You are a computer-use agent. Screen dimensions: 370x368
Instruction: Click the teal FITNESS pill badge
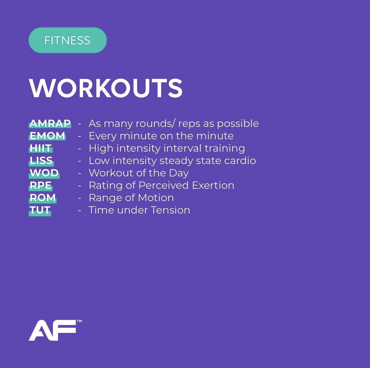[67, 40]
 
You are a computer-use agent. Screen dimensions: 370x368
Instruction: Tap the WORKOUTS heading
[106, 88]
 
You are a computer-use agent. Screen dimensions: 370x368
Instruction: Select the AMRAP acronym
[50, 123]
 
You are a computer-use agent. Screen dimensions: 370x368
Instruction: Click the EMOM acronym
[47, 136]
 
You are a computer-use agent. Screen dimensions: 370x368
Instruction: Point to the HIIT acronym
[41, 148]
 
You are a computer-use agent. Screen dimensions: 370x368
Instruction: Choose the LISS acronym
[41, 161]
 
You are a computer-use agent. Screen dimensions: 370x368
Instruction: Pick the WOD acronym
[44, 173]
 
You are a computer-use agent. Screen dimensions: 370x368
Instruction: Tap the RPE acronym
[41, 185]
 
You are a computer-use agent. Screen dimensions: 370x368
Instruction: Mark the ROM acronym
[43, 198]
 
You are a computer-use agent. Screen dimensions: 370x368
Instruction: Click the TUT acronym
[40, 210]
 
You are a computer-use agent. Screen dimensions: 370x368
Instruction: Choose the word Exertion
[213, 185]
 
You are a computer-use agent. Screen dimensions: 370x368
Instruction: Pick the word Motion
[156, 198]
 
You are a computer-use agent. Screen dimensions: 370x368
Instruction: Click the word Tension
[170, 210]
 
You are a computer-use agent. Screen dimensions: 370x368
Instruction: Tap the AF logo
[53, 331]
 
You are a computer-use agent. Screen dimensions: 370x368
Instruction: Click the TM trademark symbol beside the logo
[79, 321]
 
